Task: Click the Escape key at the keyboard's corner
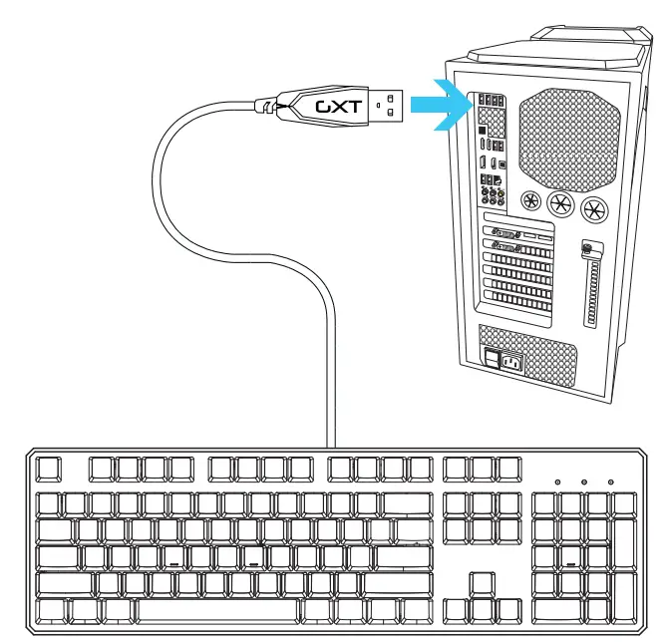49,468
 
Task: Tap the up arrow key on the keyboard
482,582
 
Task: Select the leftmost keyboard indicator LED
557,483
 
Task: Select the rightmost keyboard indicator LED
610,483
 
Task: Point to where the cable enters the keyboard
332,447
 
